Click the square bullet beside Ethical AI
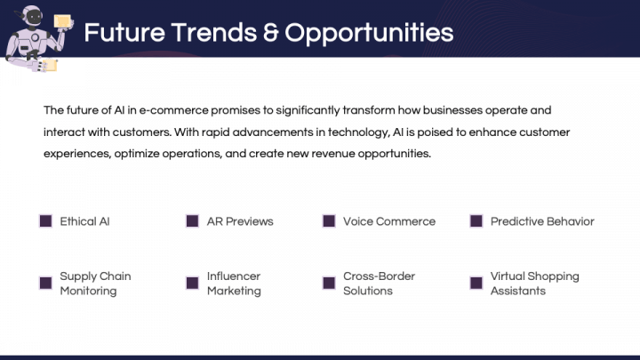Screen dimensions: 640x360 45,220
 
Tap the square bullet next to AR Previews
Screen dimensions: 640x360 192,220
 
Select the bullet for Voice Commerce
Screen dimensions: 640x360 329,220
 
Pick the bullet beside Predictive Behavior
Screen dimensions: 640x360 476,220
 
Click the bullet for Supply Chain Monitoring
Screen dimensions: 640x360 45,283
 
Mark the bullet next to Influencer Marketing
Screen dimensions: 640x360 192,283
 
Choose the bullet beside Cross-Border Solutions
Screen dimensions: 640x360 329,283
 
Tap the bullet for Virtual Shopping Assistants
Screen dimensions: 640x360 476,283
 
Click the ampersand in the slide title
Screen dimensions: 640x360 270,32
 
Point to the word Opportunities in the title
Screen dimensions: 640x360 369,34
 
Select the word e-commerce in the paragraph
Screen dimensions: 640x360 174,110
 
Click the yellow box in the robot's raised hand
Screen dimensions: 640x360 62,21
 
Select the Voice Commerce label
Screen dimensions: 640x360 389,221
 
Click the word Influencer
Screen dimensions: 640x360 234,276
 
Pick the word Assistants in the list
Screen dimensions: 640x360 518,291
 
